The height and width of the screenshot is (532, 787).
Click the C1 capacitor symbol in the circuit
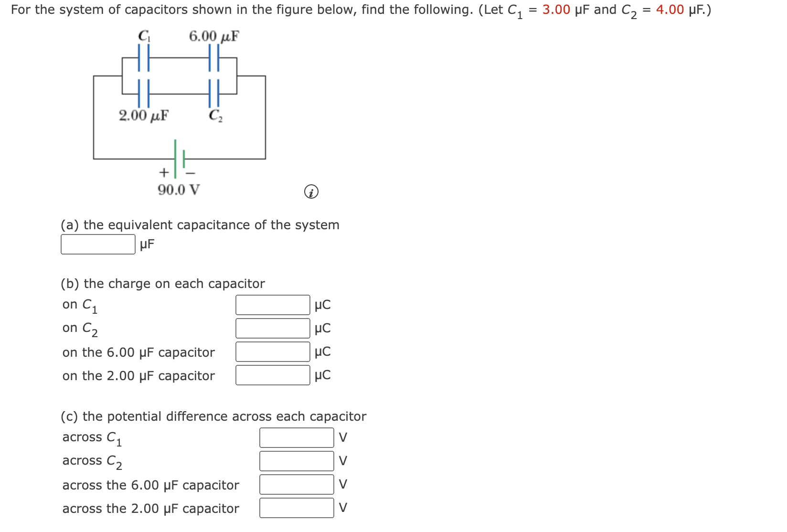[x=144, y=58]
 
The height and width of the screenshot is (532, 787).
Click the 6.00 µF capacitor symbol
[x=213, y=58]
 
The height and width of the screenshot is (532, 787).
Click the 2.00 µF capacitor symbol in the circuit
[x=144, y=93]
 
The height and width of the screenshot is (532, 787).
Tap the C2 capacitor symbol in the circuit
[x=213, y=93]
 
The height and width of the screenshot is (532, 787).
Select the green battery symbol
[x=179, y=158]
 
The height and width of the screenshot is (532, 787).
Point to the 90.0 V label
[x=179, y=190]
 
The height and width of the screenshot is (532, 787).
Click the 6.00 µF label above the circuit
[x=213, y=36]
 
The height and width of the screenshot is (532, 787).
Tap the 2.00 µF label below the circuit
[x=143, y=116]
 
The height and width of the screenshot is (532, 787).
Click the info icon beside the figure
[x=311, y=192]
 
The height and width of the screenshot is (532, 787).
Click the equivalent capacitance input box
[x=98, y=245]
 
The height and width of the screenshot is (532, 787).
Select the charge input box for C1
[x=273, y=305]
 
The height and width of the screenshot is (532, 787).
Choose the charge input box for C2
[x=273, y=329]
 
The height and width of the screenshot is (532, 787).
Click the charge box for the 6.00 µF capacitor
[x=273, y=352]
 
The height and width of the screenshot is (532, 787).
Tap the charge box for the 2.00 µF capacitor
[x=273, y=375]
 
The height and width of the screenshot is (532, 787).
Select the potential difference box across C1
[x=297, y=437]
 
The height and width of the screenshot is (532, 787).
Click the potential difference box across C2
[x=297, y=461]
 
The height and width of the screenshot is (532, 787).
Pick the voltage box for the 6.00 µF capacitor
[x=297, y=484]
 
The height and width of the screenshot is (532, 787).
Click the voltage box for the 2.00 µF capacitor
[x=297, y=508]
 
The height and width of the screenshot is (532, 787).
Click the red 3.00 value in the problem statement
[x=556, y=10]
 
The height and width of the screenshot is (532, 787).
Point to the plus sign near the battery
[x=164, y=172]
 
